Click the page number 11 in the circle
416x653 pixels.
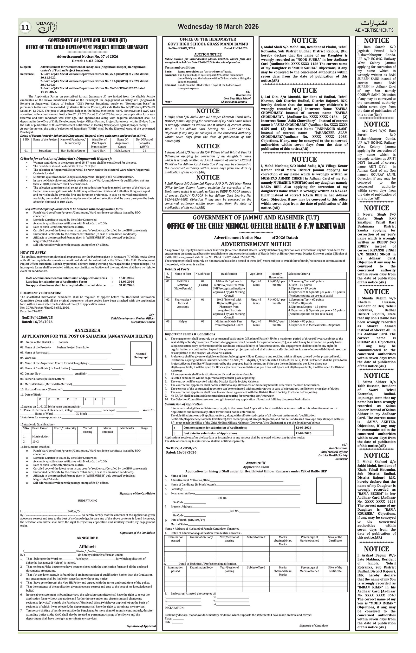25,27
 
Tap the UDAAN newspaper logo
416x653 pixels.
47,27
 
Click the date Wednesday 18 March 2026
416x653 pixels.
218,26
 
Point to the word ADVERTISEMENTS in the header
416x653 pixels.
374,30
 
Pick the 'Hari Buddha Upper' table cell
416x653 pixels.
73,150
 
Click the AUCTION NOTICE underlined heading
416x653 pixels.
208,55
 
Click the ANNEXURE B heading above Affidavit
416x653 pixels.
87,538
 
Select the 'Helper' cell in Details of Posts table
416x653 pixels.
183,322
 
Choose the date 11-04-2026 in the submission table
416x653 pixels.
303,433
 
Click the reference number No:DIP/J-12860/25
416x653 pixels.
37,317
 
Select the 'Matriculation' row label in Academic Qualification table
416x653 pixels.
41,437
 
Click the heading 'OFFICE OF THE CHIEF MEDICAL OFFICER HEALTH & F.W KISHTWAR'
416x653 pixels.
256,226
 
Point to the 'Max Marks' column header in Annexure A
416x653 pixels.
127,429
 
